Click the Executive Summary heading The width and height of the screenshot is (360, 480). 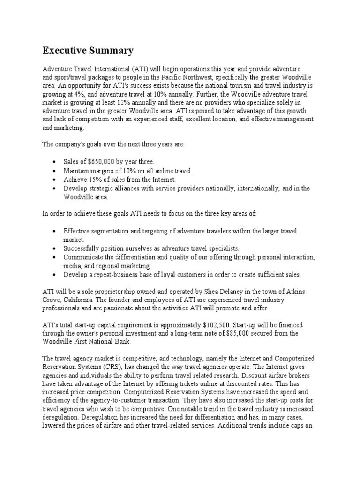88,51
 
